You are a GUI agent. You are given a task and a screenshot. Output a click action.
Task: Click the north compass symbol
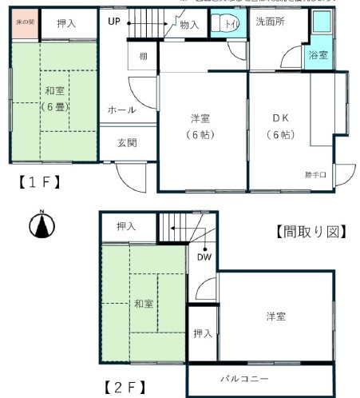pos(42,226)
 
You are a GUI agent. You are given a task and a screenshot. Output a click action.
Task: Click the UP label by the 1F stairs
pos(114,21)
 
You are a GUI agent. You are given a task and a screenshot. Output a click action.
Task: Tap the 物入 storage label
pos(190,25)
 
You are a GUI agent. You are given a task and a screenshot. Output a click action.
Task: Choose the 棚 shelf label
pos(142,57)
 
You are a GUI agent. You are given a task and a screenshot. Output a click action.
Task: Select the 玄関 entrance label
pos(127,143)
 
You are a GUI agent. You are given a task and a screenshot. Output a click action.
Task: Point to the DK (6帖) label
pos(280,125)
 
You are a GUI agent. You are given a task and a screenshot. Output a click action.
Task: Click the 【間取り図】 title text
pos(310,233)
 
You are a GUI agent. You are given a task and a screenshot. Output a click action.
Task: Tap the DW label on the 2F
pos(204,257)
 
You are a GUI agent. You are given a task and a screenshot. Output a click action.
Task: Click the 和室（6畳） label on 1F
pos(55,98)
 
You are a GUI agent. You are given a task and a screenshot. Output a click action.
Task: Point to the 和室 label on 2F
pos(144,304)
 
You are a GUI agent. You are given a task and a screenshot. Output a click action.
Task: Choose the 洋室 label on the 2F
pos(276,316)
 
